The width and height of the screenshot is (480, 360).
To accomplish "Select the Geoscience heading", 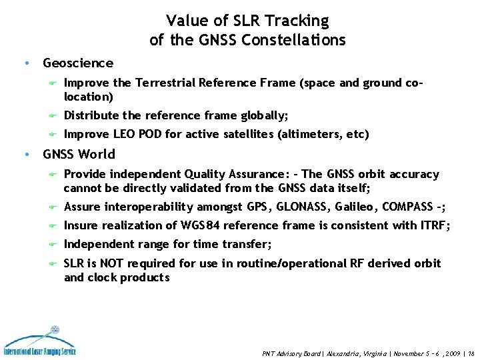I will pos(78,63).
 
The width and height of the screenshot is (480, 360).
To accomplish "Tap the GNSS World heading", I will pos(79,155).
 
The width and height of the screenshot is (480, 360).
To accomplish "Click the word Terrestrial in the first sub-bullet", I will pos(167,83).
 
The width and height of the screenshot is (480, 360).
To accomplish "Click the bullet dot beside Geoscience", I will pos(25,64).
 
